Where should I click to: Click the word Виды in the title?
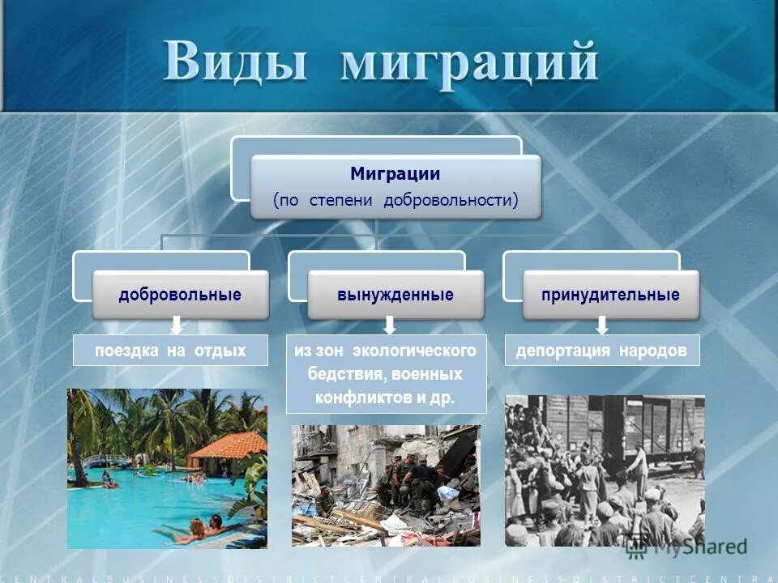(x=236, y=62)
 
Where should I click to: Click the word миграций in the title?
(x=469, y=62)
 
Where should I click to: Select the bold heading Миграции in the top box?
(x=395, y=173)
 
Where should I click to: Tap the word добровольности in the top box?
(x=451, y=200)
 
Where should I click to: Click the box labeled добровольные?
(x=180, y=295)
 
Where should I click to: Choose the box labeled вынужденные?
(x=395, y=295)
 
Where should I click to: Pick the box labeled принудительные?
(x=610, y=295)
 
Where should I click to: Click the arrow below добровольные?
(x=176, y=326)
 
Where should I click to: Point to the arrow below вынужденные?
(x=390, y=326)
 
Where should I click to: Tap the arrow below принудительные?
(x=601, y=326)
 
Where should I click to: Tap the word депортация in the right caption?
(x=564, y=351)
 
